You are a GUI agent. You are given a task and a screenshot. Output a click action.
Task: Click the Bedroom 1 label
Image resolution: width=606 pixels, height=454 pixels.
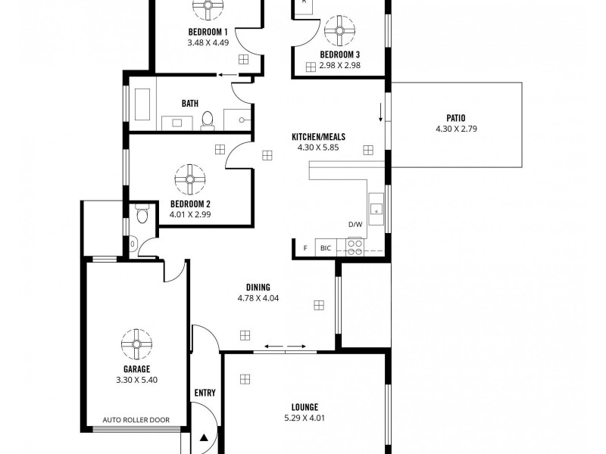tap(208, 32)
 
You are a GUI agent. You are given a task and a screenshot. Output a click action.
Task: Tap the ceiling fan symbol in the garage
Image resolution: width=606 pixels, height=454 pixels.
tap(137, 344)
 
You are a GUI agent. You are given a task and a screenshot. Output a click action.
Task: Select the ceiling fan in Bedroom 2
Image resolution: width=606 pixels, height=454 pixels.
tap(190, 180)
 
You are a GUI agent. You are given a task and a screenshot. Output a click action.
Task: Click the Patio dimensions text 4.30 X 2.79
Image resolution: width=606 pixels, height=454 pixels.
tap(456, 129)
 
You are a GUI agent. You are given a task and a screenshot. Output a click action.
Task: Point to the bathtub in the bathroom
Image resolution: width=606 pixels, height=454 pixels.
tap(143, 104)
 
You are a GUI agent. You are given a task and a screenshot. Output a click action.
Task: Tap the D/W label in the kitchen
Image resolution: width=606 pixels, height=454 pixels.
tap(355, 225)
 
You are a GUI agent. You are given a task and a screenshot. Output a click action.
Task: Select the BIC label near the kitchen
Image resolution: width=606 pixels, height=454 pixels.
tap(326, 248)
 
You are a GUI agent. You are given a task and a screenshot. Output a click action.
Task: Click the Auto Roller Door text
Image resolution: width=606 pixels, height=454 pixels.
tap(136, 420)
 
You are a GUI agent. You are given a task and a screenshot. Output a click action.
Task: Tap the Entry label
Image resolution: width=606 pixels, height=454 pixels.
tap(205, 393)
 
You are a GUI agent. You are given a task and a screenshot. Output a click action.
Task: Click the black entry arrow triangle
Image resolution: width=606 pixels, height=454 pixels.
tap(203, 437)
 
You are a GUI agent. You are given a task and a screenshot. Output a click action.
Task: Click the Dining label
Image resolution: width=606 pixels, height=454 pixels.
tap(258, 288)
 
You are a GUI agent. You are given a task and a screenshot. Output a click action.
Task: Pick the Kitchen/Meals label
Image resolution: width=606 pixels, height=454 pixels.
tap(318, 137)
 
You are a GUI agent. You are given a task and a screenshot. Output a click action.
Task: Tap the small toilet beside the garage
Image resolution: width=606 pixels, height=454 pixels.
tap(142, 216)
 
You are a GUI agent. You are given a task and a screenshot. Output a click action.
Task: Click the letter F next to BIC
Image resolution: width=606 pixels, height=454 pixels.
tap(305, 248)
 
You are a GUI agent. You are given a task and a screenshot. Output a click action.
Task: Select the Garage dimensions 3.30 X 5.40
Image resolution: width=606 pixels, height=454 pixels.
tap(137, 380)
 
